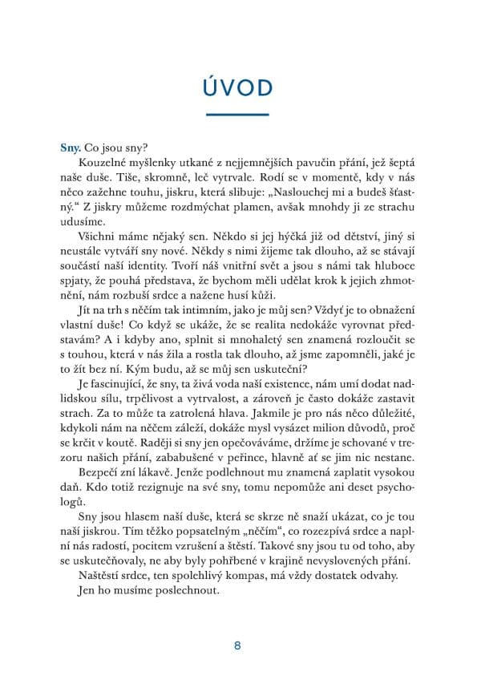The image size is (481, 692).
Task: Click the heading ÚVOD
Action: click(240, 87)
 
